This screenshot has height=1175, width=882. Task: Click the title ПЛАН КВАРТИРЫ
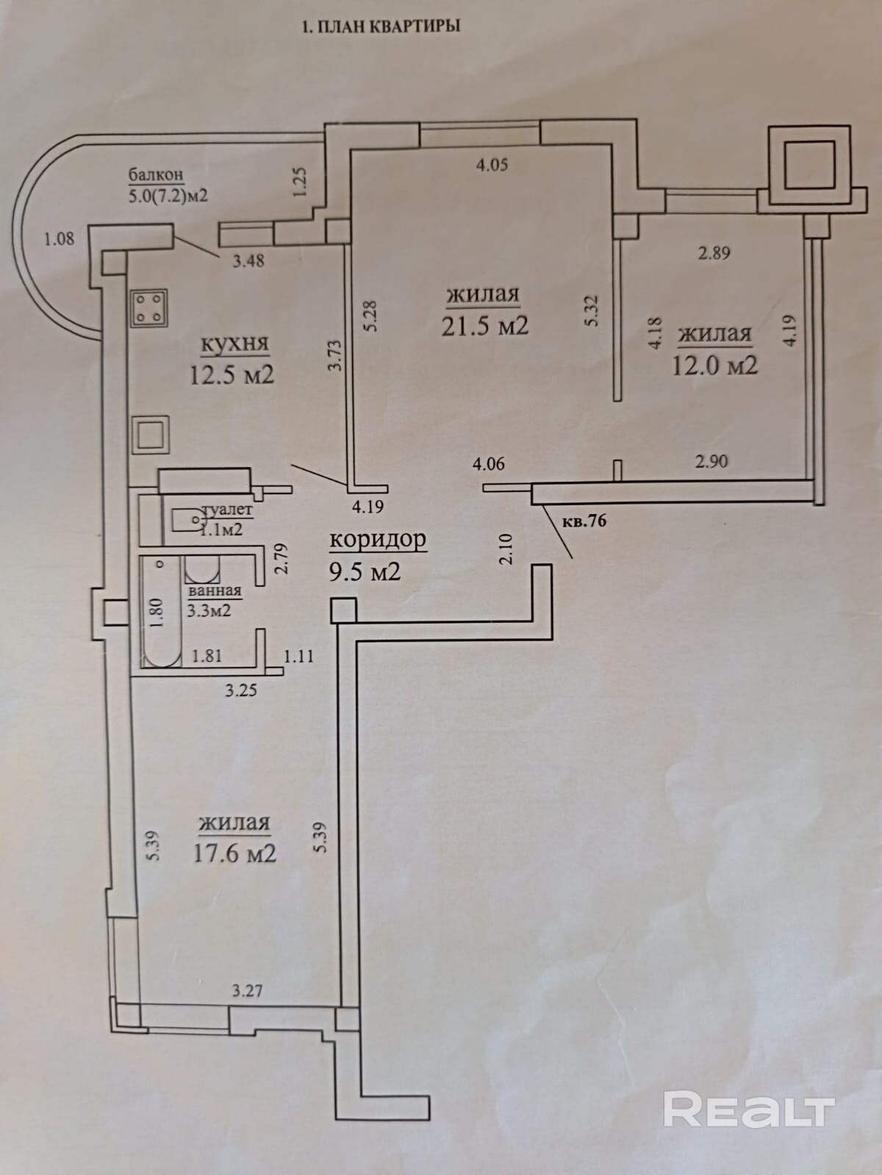click(389, 26)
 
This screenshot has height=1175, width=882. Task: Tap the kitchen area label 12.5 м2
click(232, 375)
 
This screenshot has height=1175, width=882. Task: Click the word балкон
click(156, 174)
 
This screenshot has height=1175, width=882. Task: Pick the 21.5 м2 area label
click(484, 325)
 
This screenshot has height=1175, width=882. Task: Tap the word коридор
click(378, 540)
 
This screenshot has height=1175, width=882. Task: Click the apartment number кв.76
click(584, 521)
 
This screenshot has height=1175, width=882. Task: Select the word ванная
click(214, 591)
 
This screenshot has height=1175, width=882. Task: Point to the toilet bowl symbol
click(187, 519)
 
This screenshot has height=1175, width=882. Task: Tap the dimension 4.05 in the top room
click(492, 164)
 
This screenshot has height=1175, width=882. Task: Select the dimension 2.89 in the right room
click(714, 253)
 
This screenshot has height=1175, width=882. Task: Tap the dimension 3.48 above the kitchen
click(248, 261)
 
